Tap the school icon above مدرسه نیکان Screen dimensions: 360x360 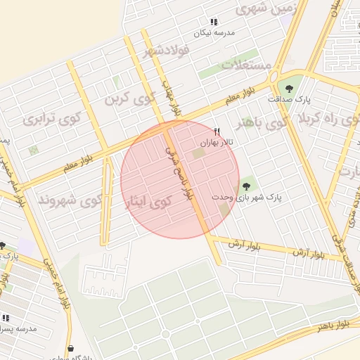214,22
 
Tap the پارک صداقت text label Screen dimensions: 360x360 288,100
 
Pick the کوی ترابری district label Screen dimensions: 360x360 52,118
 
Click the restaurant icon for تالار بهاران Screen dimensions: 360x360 217,131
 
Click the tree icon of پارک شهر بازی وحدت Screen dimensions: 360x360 245,186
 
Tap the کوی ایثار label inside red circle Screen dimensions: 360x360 148,202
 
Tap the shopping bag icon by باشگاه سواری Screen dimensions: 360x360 70,348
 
